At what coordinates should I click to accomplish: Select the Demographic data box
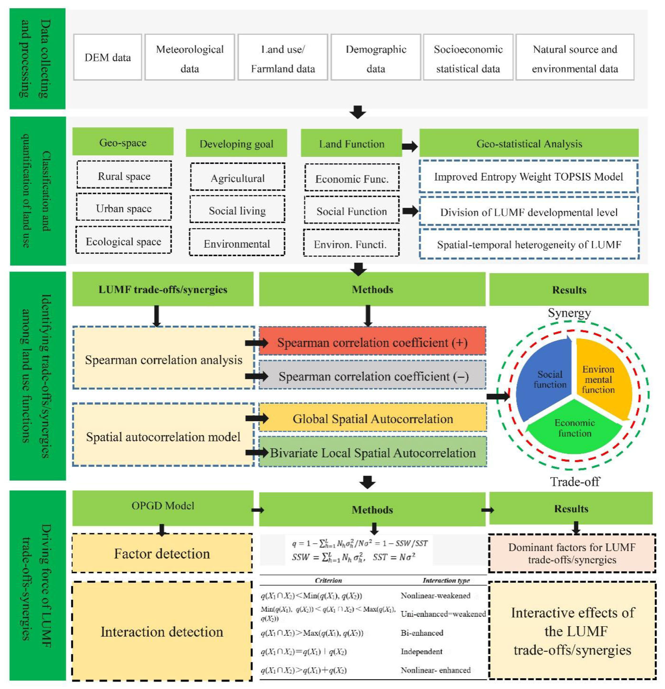tap(376, 57)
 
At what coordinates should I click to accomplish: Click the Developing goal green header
tap(236, 143)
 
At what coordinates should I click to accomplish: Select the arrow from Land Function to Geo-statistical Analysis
tap(410, 146)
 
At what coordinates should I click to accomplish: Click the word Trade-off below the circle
tap(575, 481)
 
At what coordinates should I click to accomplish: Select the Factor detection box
tap(162, 553)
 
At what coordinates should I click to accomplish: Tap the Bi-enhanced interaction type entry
tap(422, 633)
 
